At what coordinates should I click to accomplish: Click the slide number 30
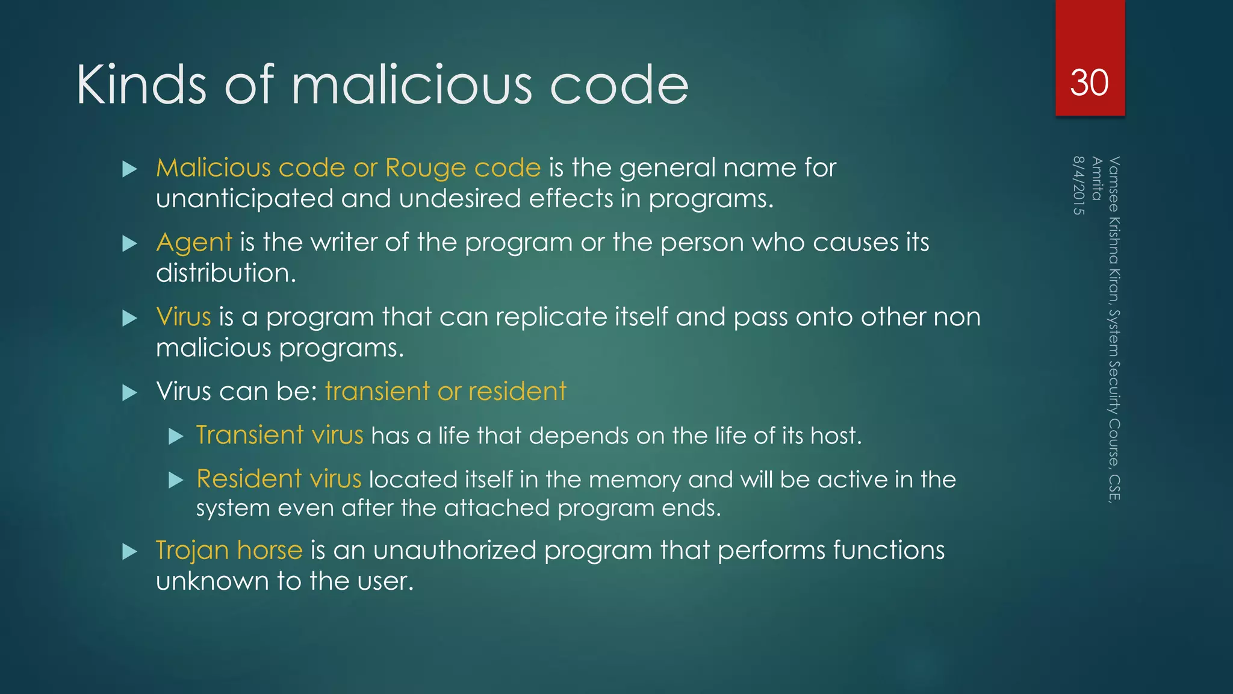(x=1089, y=83)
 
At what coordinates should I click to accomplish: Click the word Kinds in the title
(x=141, y=85)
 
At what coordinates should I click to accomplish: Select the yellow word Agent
(x=194, y=243)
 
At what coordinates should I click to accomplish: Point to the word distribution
(x=226, y=273)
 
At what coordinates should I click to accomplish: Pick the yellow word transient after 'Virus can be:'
(x=377, y=392)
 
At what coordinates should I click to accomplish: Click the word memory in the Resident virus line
(x=635, y=480)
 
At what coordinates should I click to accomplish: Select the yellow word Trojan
(x=192, y=551)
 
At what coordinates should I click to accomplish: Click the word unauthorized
(x=455, y=550)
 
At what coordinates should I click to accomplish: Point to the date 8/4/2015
(x=1078, y=185)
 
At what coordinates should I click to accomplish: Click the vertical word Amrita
(x=1096, y=178)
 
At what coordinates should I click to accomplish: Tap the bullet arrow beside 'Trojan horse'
(x=129, y=551)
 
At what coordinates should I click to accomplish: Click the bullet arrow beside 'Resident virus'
(x=176, y=480)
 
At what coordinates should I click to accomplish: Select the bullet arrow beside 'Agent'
(x=129, y=243)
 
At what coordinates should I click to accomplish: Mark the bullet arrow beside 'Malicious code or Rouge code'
(x=129, y=169)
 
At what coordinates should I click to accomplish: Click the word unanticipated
(x=244, y=199)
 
